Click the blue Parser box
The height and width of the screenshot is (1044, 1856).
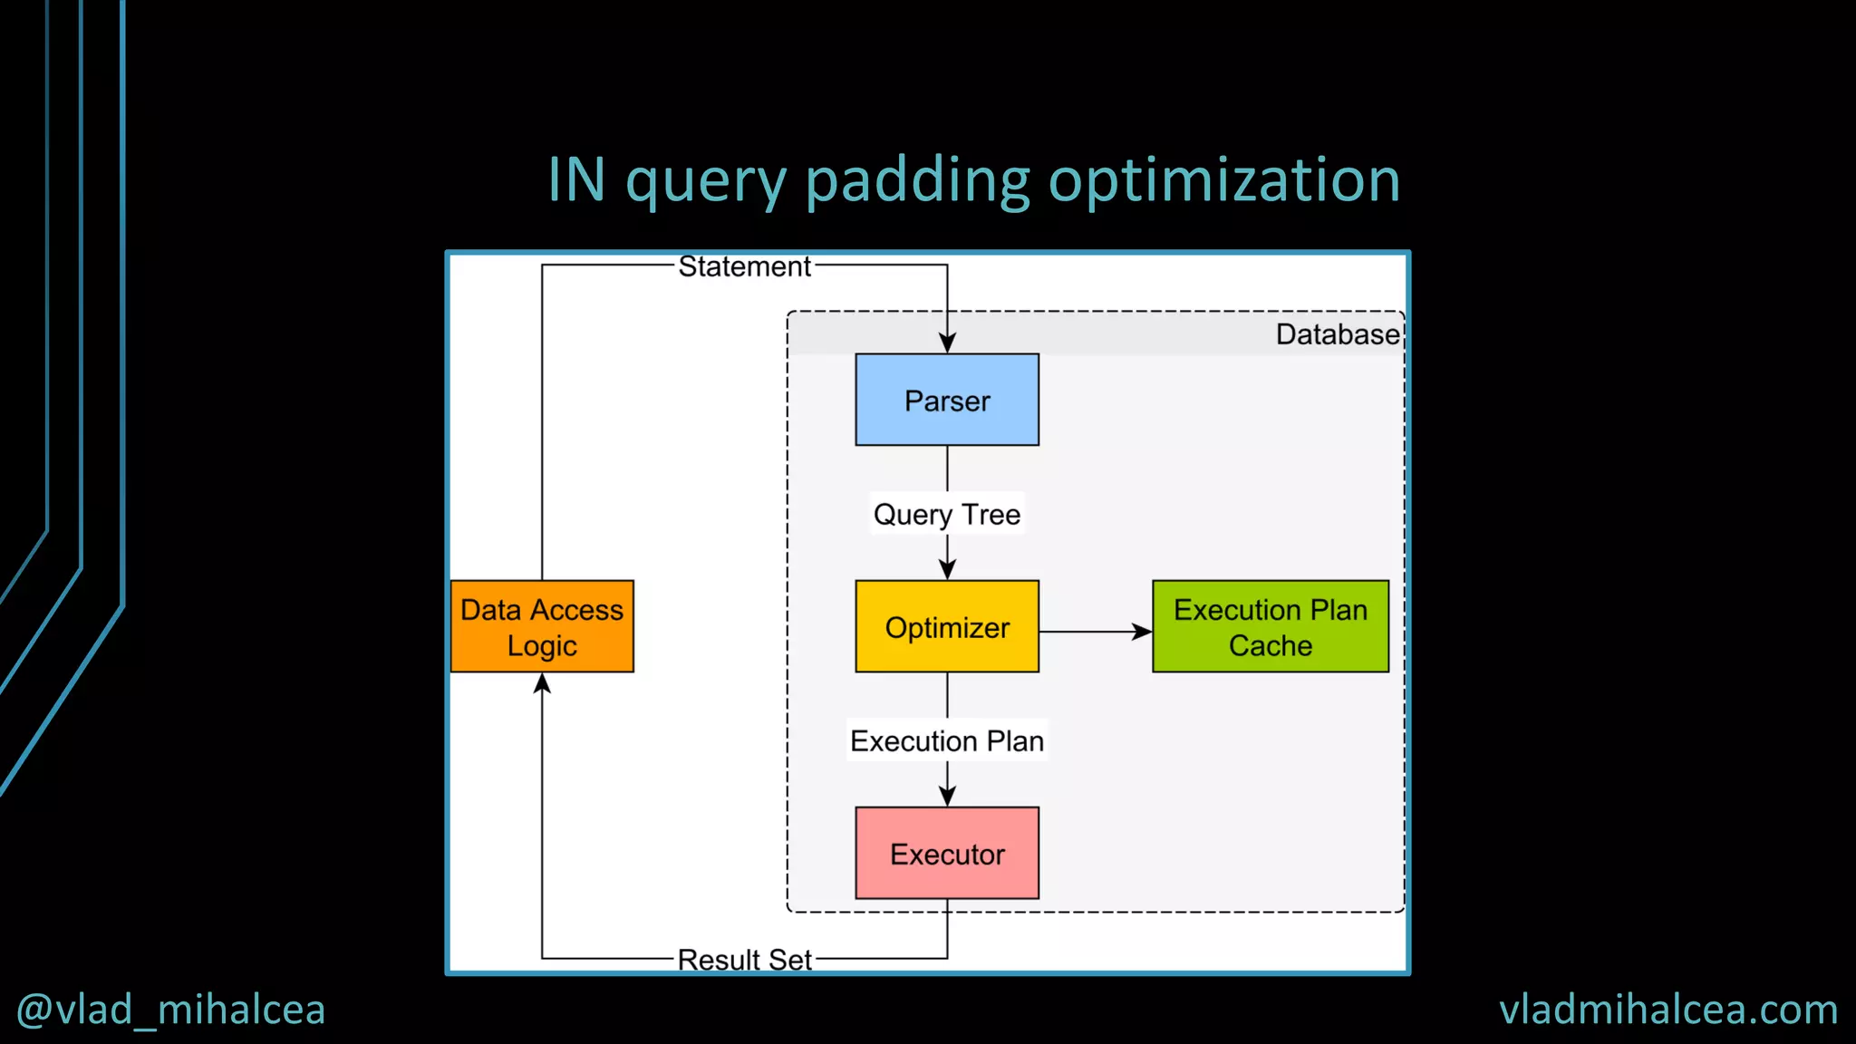947,400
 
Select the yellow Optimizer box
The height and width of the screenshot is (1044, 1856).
947,626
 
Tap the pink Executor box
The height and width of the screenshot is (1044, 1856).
947,853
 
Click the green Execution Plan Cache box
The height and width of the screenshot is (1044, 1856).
1270,626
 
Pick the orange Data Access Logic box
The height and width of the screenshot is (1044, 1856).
542,626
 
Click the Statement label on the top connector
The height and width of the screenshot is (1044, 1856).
744,266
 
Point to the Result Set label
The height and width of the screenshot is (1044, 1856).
744,959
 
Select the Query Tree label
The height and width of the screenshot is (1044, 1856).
947,514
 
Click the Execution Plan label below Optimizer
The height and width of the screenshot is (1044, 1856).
947,740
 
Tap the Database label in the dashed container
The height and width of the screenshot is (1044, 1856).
1337,334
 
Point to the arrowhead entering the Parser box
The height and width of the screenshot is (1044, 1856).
947,343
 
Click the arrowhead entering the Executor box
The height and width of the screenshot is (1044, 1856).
947,796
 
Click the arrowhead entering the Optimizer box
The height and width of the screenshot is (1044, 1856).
947,569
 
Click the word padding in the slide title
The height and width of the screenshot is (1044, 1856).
917,181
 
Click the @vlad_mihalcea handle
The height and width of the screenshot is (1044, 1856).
171,1010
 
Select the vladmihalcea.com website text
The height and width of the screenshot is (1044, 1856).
1668,1010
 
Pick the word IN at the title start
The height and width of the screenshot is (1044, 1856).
576,179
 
